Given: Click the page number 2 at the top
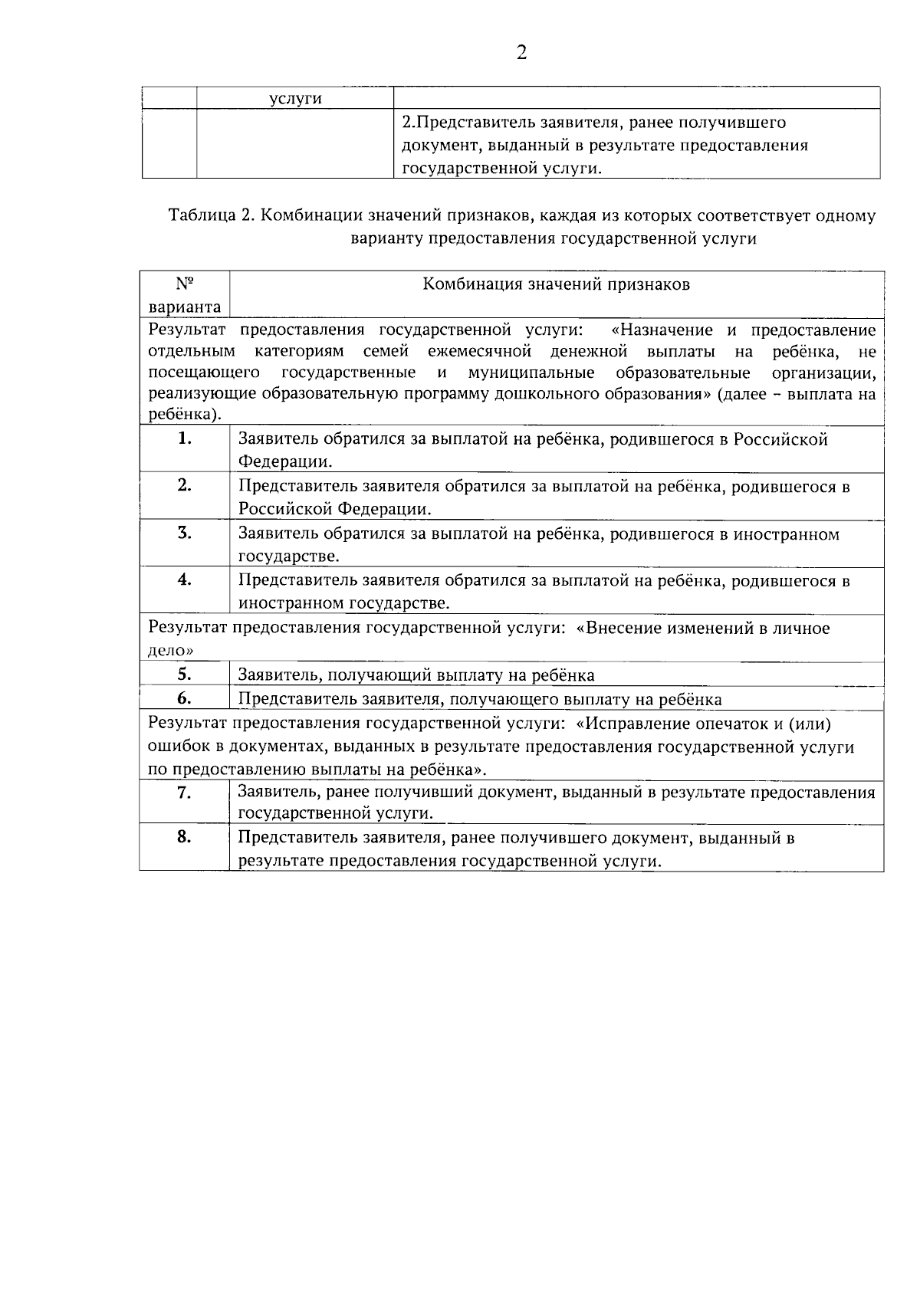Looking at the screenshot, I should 521,52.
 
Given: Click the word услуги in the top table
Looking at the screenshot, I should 295,99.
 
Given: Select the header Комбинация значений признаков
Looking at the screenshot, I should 557,284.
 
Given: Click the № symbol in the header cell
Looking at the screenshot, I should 185,284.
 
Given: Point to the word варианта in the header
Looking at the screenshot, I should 185,307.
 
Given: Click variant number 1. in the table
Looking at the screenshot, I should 184,438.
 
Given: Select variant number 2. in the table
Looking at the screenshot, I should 184,485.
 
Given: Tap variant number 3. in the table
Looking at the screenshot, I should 184,533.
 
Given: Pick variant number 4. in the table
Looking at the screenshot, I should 184,579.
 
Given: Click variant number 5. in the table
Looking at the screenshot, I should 184,674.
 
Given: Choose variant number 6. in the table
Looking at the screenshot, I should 184,698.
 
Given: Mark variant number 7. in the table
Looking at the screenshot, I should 184,793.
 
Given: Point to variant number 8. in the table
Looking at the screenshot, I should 184,837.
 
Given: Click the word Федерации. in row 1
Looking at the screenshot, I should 285,462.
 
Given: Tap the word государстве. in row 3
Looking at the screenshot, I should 288,556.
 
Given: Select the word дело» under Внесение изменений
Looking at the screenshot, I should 170,651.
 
